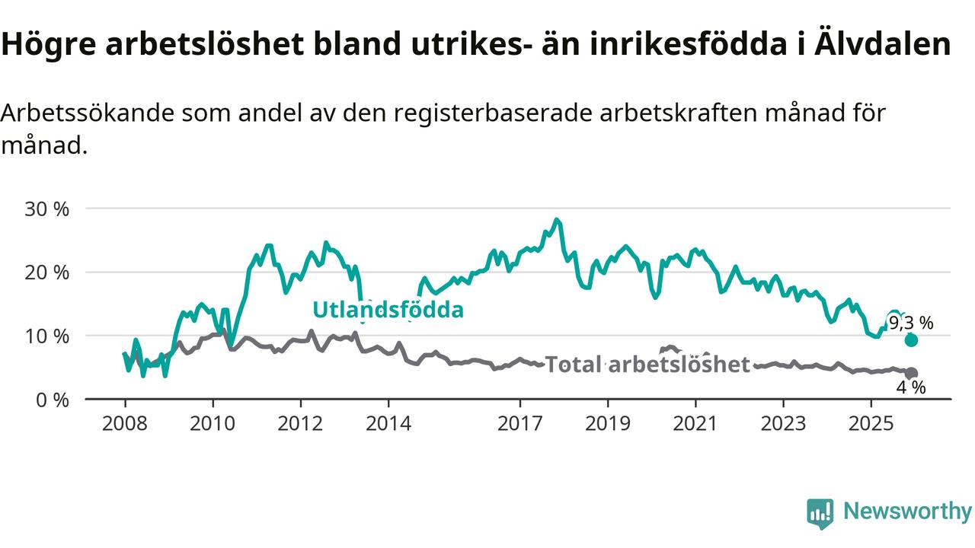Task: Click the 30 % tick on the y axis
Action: point(46,208)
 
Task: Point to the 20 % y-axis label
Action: point(46,272)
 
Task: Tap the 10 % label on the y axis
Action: point(46,336)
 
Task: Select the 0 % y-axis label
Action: point(52,399)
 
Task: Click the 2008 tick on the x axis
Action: point(125,423)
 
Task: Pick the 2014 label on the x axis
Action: point(388,423)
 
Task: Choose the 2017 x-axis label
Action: point(520,423)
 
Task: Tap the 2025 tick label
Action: point(872,423)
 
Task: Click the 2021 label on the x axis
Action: point(696,423)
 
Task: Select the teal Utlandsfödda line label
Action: point(388,310)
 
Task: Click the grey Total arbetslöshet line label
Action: point(647,365)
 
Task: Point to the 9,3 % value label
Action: point(910,323)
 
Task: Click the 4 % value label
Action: point(910,387)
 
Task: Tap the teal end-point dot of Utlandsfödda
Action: point(911,340)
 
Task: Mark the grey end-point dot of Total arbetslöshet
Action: point(911,374)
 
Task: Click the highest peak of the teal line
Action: point(557,220)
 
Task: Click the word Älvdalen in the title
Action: point(887,44)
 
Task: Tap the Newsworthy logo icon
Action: point(820,514)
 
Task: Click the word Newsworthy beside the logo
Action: point(907,511)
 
